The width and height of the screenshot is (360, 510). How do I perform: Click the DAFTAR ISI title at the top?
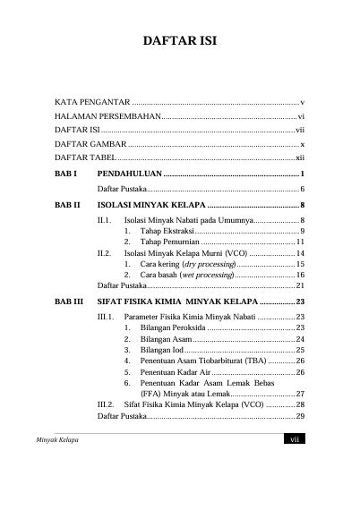coord(179,41)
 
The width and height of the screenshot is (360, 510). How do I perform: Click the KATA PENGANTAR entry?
coord(93,104)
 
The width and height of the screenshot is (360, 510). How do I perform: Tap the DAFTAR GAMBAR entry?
coord(90,143)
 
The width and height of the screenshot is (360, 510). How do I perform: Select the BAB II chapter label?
coord(69,205)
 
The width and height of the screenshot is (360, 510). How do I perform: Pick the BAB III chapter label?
coord(70,302)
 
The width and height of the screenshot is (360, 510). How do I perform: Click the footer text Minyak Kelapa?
coord(56,440)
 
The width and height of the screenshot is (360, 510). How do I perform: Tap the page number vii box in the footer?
coord(295,439)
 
